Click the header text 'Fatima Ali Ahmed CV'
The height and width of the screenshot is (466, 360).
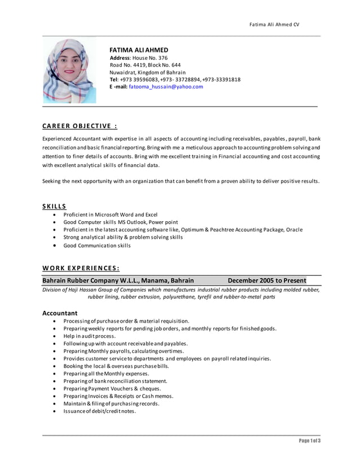275,24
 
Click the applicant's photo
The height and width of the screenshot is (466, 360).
69,71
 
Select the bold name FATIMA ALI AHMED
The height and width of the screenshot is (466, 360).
138,50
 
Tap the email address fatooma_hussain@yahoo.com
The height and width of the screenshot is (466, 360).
165,87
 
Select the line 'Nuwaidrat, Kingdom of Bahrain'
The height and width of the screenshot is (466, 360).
147,72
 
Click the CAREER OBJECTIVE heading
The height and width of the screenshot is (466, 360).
80,126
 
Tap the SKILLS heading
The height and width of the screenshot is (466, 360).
54,206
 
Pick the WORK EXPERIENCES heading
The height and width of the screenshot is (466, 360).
81,268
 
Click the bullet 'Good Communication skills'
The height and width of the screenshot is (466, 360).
96,245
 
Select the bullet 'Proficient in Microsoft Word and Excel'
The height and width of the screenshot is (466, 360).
110,215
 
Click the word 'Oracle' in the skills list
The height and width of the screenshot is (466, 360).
293,230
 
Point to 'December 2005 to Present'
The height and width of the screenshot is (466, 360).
266,280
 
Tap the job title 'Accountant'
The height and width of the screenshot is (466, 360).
60,313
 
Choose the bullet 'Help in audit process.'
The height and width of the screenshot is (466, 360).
89,336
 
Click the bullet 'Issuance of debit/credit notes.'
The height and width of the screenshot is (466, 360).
99,411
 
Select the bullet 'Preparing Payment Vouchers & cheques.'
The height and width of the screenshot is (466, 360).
112,389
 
